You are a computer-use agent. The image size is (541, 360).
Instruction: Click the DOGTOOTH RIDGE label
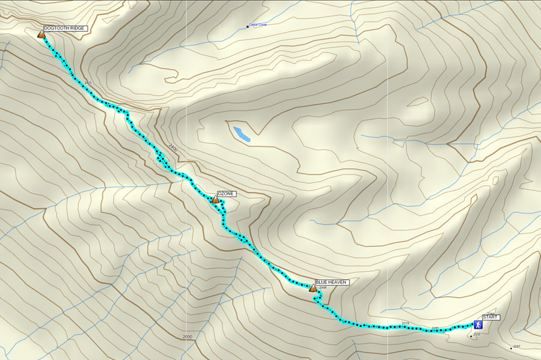pos(66,28)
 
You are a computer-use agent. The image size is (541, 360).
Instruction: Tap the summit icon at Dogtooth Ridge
pos(41,34)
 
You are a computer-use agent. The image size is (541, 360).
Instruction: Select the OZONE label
pos(227,194)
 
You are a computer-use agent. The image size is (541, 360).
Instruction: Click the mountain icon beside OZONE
pos(215,200)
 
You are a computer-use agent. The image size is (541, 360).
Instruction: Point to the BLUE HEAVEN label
pos(331,282)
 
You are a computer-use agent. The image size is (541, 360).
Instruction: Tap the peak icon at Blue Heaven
pos(313,288)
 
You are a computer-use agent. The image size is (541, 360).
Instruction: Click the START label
pos(491,317)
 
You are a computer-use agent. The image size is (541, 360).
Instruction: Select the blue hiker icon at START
pos(478,325)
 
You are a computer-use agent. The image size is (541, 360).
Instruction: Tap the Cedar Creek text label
pos(259,25)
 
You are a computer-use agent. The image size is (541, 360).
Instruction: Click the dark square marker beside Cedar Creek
pos(248,26)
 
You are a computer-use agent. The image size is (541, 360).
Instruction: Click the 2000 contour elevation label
pos(188,337)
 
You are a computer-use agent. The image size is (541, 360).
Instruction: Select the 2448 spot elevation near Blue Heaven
pos(323,288)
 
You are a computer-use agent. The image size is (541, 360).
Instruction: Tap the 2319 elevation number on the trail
pos(405,323)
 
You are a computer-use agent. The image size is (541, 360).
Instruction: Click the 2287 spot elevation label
pos(516,347)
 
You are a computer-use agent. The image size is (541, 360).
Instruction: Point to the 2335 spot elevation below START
pos(477,334)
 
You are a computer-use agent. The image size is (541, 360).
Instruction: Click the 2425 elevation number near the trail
pos(88,82)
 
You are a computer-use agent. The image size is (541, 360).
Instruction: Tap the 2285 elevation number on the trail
pos(435,328)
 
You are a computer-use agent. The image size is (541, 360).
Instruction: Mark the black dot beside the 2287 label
pos(511,349)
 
